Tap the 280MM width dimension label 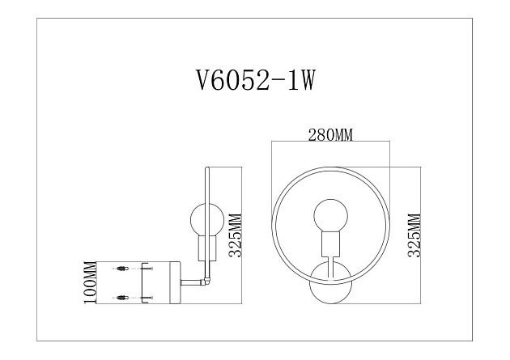pos(330,135)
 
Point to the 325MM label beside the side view pos(235,235)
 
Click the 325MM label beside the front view pos(412,235)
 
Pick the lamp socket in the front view pos(330,245)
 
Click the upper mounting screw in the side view pos(124,269)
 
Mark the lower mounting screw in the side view pos(124,298)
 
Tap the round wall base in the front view pos(330,283)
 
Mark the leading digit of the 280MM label pos(312,135)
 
